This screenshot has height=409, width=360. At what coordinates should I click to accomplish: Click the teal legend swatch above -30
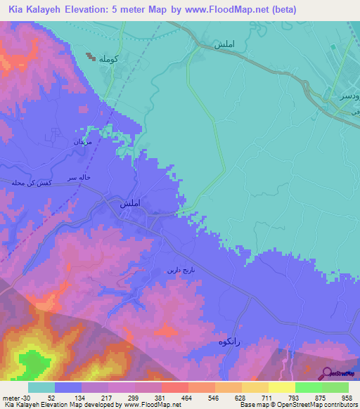pos(41,387)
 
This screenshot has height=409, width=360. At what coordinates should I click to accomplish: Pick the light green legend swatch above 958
pos(335,387)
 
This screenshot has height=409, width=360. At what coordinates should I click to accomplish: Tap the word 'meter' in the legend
pos(10,397)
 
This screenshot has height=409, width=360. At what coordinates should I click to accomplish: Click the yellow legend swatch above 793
pos(282,387)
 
